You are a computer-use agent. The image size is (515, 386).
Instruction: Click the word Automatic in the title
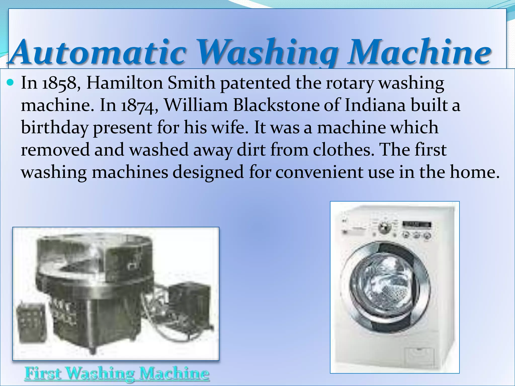[98, 52]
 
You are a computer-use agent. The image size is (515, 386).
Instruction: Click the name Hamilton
[125, 83]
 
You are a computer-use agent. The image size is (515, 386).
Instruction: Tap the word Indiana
[375, 105]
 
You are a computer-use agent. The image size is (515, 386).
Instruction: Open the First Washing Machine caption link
[117, 373]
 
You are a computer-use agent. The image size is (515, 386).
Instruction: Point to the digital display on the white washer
[417, 224]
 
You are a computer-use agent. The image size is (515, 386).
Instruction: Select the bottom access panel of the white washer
[419, 357]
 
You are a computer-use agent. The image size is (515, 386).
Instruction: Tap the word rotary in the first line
[350, 83]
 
